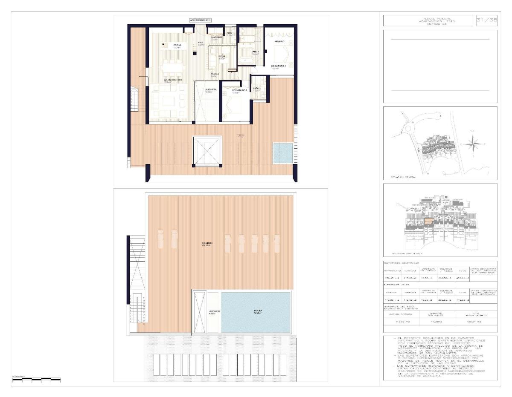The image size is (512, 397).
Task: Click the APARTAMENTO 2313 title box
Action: pos(200,20)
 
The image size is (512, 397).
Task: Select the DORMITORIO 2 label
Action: pos(240,90)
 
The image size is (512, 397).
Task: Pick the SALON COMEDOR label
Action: pos(173,80)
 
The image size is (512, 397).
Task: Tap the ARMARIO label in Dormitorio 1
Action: pos(280,41)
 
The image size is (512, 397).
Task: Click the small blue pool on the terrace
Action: pos(282,153)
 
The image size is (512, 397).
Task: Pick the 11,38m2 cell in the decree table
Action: pos(439,322)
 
